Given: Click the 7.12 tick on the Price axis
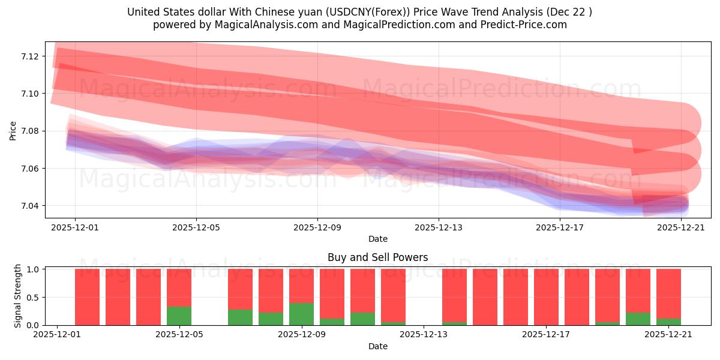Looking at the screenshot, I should pos(30,56).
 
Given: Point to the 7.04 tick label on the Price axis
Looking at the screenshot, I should pos(30,206).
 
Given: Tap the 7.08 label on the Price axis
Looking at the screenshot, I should pos(30,131).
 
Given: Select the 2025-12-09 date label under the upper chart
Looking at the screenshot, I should pos(317,227).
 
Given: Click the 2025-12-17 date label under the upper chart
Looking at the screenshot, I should pos(560,227).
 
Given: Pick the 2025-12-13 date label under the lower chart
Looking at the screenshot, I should pos(424,335).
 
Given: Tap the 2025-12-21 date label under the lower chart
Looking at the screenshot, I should pos(668,335).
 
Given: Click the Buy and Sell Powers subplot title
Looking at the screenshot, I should pos(377,257).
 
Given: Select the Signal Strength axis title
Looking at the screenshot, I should pos(18,296).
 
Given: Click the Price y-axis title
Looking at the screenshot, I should pos(13,130).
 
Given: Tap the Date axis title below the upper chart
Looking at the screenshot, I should pos(377,239).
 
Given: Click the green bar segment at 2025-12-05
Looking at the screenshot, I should pos(179,316).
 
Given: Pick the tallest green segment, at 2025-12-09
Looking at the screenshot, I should pos(301,314).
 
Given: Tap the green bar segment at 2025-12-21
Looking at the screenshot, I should pos(668,322).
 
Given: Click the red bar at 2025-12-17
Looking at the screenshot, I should pos(546,297).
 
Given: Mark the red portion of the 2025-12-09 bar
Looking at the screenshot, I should pos(301,286).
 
